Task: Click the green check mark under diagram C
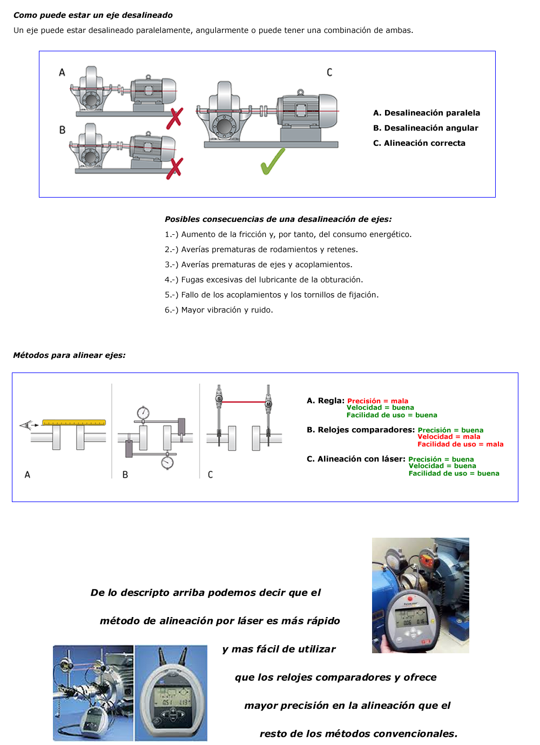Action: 273,161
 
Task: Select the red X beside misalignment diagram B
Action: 174,168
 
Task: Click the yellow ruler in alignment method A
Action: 74,423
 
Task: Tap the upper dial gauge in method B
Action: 143,413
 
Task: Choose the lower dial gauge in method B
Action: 167,462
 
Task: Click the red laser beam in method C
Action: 244,402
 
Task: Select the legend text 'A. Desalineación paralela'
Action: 427,113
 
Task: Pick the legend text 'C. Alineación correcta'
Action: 419,143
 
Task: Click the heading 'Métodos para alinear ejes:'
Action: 69,355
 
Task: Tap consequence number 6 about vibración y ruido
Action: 219,310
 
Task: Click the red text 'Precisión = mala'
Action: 377,401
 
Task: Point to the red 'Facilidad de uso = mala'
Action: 460,444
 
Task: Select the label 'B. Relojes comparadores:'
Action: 361,430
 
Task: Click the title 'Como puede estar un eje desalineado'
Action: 93,15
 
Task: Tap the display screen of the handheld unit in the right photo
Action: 411,616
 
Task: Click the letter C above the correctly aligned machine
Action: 329,72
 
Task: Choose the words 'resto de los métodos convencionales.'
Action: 359,734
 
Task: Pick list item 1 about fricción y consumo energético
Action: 288,234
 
